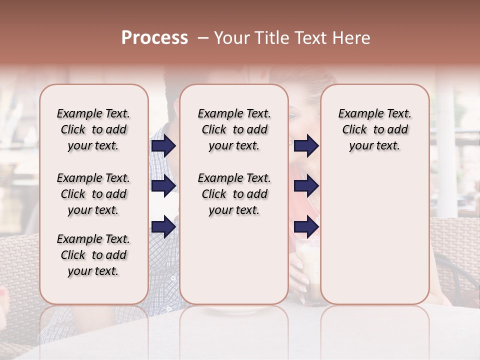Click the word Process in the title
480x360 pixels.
[154, 38]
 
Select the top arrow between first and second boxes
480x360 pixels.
[163, 145]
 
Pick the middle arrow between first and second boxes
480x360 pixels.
[163, 186]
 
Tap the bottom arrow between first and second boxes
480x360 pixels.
[163, 226]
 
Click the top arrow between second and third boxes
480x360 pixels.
[306, 145]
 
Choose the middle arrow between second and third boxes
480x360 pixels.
[306, 186]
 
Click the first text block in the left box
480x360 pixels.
[93, 129]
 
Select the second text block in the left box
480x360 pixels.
[93, 194]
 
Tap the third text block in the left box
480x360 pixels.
[93, 255]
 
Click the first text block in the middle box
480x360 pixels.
[234, 129]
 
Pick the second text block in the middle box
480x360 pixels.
[234, 194]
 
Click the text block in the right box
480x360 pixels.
[374, 129]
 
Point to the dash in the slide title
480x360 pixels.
[203, 38]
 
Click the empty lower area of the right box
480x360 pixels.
[374, 235]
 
